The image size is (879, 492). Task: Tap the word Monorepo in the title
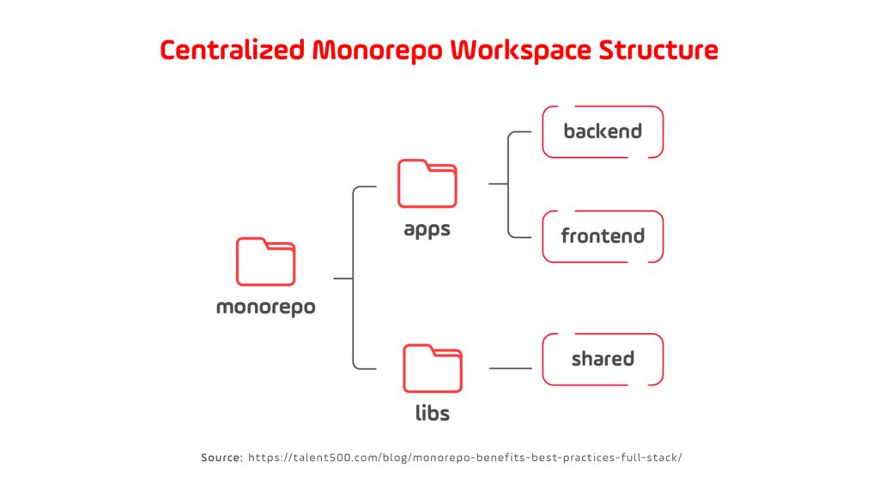click(379, 51)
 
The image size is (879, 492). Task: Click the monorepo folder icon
click(265, 262)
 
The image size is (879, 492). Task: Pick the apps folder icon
click(427, 184)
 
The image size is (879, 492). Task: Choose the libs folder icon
click(433, 368)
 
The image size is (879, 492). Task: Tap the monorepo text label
click(265, 307)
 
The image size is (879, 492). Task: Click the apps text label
click(427, 230)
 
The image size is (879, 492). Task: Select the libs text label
click(433, 414)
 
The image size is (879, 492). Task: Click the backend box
click(603, 131)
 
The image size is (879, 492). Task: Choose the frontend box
click(603, 236)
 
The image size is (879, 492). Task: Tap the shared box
click(603, 359)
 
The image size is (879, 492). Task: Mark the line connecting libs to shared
click(511, 368)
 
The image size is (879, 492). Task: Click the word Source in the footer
click(221, 458)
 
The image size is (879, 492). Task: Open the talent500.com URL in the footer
click(464, 458)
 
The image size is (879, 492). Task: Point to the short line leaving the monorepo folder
click(343, 278)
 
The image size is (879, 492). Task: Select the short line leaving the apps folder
click(497, 184)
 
